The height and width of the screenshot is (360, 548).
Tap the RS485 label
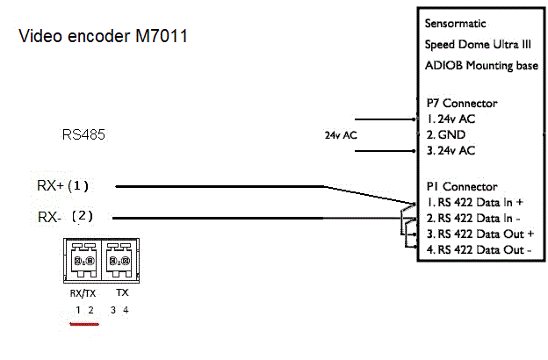click(83, 135)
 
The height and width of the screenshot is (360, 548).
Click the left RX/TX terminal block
click(83, 262)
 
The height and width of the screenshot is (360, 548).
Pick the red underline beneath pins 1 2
click(84, 323)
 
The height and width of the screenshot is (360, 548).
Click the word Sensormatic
click(454, 24)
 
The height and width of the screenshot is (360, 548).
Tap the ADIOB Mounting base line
click(482, 66)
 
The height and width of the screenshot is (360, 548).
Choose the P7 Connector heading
click(461, 103)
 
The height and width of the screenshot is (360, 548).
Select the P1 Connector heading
click(461, 186)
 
